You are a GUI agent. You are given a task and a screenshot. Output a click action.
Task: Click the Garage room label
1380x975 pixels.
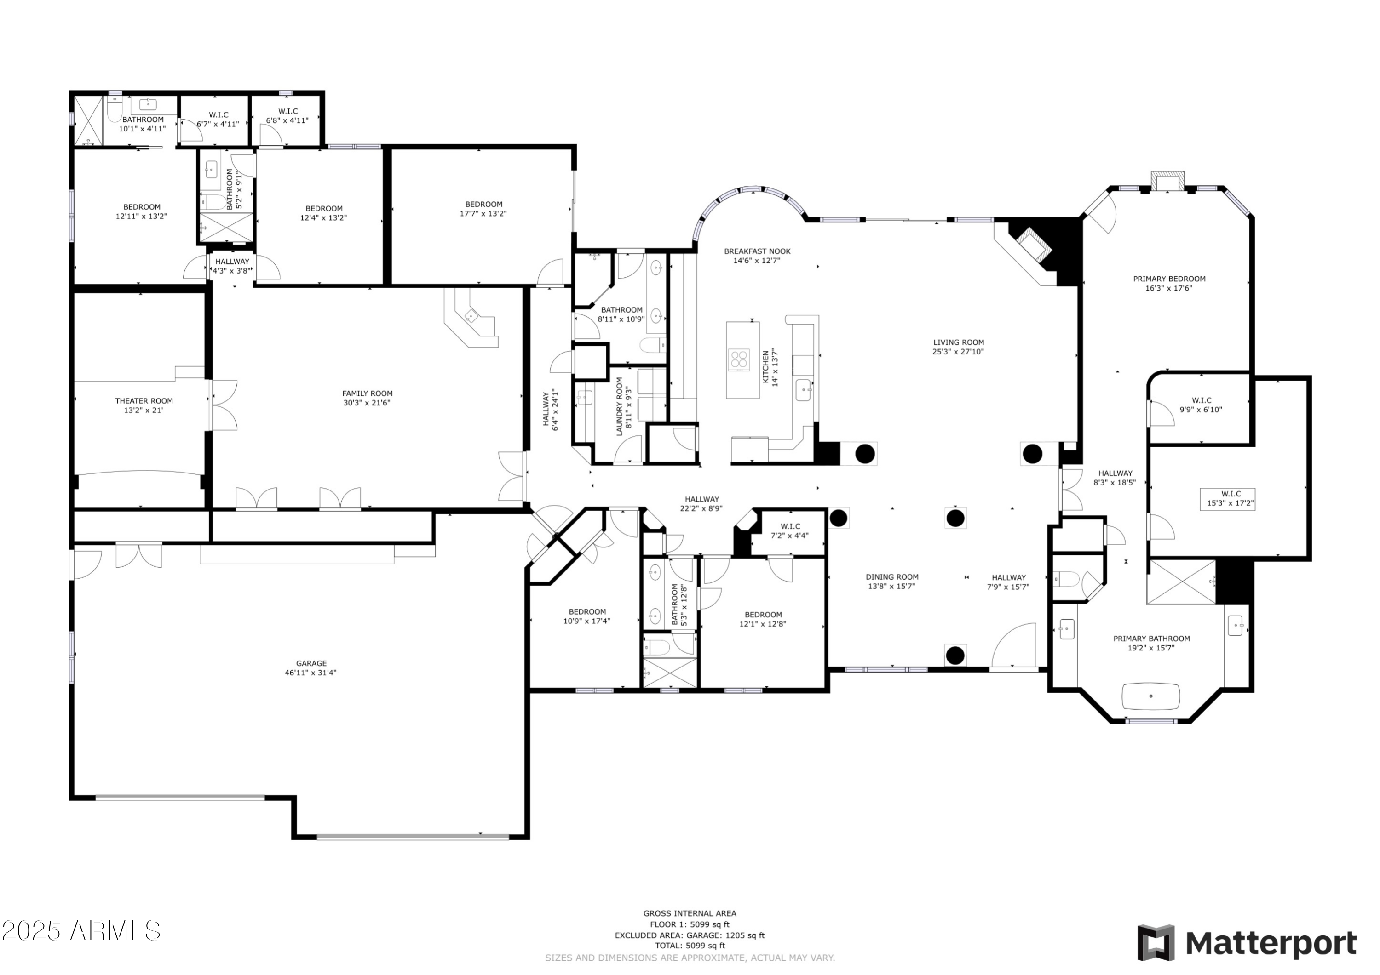(x=311, y=664)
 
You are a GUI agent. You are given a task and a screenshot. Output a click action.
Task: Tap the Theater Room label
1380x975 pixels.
(x=144, y=401)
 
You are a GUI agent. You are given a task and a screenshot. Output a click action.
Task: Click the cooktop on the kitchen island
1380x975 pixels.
(x=739, y=360)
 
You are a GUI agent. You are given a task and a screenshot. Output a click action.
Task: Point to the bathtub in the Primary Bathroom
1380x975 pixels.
(x=1151, y=696)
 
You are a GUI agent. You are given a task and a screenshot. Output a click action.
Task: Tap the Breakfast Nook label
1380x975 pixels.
(x=757, y=252)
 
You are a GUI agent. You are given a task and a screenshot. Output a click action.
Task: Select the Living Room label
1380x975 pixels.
(x=959, y=343)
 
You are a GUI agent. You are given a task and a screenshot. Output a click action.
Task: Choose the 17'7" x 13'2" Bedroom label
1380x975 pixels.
(x=484, y=209)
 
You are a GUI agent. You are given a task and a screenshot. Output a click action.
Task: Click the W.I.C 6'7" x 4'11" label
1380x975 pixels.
(x=218, y=120)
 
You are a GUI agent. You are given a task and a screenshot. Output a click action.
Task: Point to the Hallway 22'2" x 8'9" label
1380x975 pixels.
(x=702, y=503)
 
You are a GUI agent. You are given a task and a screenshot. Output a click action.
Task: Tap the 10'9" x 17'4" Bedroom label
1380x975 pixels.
(x=587, y=617)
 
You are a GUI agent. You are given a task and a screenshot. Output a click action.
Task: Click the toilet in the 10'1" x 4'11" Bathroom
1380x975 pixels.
(x=115, y=109)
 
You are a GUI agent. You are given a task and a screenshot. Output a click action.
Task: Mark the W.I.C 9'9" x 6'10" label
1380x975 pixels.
(x=1201, y=405)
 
